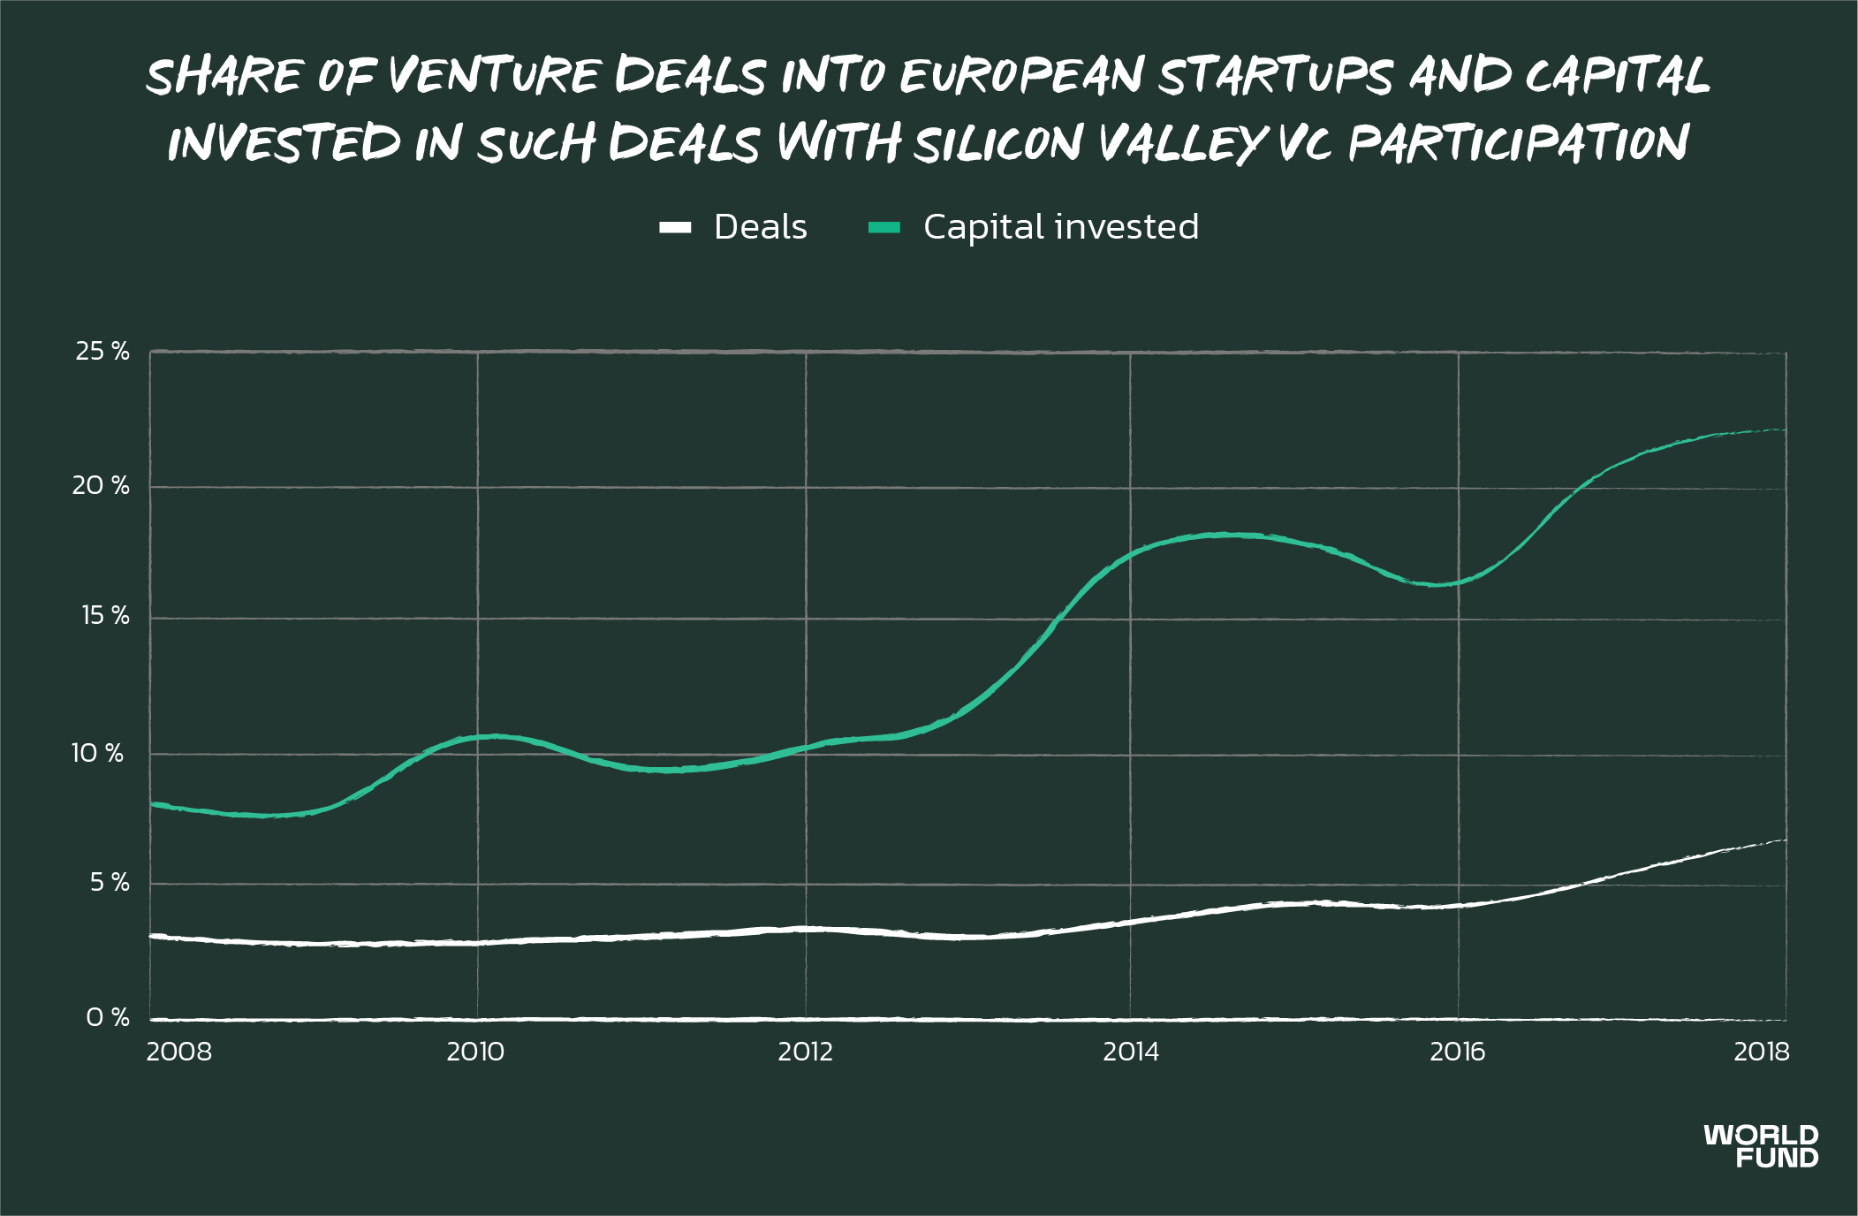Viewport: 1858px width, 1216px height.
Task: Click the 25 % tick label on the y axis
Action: (x=102, y=352)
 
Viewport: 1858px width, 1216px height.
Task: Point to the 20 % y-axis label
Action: (x=101, y=485)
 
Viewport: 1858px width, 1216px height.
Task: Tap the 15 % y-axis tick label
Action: (x=105, y=616)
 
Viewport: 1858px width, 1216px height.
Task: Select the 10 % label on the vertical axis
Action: (x=97, y=753)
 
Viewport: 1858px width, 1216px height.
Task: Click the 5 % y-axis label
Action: (x=110, y=882)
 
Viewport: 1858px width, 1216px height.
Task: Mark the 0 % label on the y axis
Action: (x=108, y=1018)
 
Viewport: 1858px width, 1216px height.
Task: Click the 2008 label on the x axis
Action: (x=179, y=1052)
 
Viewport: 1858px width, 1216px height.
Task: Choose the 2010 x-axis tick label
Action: (x=475, y=1052)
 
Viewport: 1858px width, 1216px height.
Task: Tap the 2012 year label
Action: (x=806, y=1052)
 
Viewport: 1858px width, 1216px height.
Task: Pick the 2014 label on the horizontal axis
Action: (x=1131, y=1052)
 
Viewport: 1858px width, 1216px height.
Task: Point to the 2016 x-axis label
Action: (x=1458, y=1052)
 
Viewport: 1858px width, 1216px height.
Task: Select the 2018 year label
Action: (x=1762, y=1052)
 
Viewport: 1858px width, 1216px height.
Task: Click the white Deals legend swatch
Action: (x=675, y=227)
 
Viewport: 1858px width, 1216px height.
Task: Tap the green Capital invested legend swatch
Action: (x=884, y=227)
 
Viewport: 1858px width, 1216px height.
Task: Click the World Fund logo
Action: (x=1762, y=1146)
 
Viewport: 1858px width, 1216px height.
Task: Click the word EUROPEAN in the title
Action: (x=1022, y=75)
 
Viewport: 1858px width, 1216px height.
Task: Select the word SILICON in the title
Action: (x=998, y=143)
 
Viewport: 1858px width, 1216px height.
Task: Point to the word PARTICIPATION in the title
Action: (x=1518, y=143)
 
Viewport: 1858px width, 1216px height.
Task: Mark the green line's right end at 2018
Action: (x=1785, y=430)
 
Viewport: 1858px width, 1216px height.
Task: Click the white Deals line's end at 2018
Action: (x=1785, y=840)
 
